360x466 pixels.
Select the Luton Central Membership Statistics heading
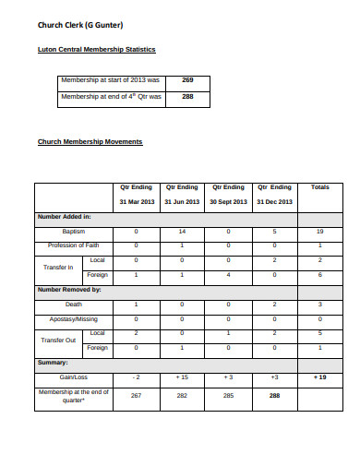(x=96, y=49)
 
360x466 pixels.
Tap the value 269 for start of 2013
(x=187, y=80)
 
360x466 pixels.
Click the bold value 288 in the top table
(x=187, y=96)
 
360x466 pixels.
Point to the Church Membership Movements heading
(x=90, y=142)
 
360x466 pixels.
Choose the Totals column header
(x=319, y=187)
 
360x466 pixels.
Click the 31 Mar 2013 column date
(x=136, y=201)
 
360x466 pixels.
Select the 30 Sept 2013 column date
(x=228, y=201)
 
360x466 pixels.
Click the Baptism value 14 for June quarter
(x=182, y=231)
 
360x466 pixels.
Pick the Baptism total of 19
(x=319, y=231)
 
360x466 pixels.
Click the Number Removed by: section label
(x=69, y=289)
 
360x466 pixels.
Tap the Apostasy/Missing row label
(x=72, y=318)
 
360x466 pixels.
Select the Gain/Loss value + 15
(x=182, y=377)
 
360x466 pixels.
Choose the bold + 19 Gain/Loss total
(x=319, y=377)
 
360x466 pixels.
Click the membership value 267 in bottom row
(x=136, y=396)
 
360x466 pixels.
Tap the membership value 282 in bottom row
(x=182, y=396)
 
